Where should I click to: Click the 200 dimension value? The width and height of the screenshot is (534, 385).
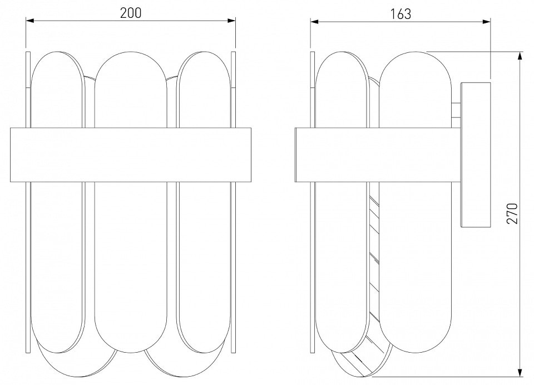tap(130, 13)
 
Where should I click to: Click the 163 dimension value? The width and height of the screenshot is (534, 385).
tap(400, 14)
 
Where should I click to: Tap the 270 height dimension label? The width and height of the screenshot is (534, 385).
tap(512, 213)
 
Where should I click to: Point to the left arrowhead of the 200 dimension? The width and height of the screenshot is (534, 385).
tap(30, 21)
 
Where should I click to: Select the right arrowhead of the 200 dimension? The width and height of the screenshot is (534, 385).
tap(231, 21)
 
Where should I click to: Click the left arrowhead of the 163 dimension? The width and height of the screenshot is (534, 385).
tap(314, 22)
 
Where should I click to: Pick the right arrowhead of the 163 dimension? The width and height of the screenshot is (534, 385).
tap(486, 22)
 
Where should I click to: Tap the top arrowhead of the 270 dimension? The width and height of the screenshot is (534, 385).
tap(520, 56)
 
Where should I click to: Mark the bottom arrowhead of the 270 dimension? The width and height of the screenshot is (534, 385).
tap(520, 372)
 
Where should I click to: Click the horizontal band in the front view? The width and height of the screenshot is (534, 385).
tap(131, 155)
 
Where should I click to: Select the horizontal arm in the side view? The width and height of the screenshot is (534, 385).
tap(378, 155)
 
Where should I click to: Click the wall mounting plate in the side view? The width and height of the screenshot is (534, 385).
tap(476, 155)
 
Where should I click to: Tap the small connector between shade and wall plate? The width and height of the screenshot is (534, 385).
tap(456, 110)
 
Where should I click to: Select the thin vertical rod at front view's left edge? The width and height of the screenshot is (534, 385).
tap(28, 202)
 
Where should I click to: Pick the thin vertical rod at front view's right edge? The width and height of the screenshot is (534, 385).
tap(233, 202)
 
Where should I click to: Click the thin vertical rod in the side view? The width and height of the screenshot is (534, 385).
tap(313, 202)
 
